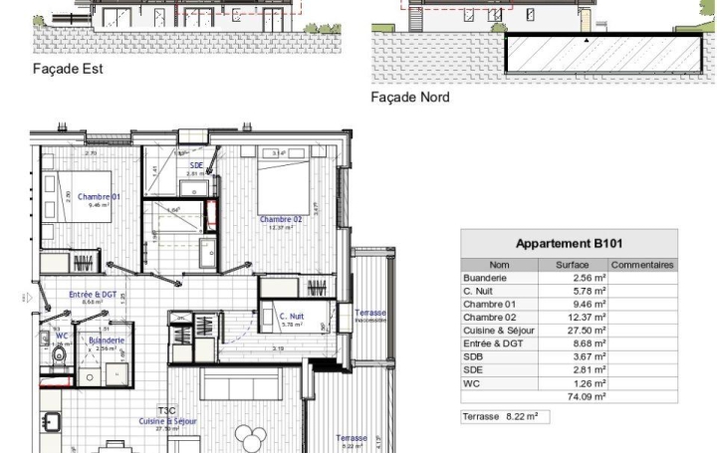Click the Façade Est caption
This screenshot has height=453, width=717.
click(x=69, y=69)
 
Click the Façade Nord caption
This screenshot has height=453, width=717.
click(x=410, y=98)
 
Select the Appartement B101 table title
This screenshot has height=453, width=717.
click(x=569, y=244)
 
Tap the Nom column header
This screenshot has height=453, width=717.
click(x=499, y=265)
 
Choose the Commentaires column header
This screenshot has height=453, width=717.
click(x=642, y=265)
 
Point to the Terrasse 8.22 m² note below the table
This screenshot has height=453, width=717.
click(x=504, y=416)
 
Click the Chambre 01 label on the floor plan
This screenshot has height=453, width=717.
click(x=99, y=197)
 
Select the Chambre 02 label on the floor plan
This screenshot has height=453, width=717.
click(x=281, y=219)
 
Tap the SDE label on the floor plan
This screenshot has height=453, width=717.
click(x=197, y=165)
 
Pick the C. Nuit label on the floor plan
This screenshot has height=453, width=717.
click(x=291, y=316)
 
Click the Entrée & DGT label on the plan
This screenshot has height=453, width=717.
click(x=93, y=295)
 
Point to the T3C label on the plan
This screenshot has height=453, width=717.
click(x=166, y=409)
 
